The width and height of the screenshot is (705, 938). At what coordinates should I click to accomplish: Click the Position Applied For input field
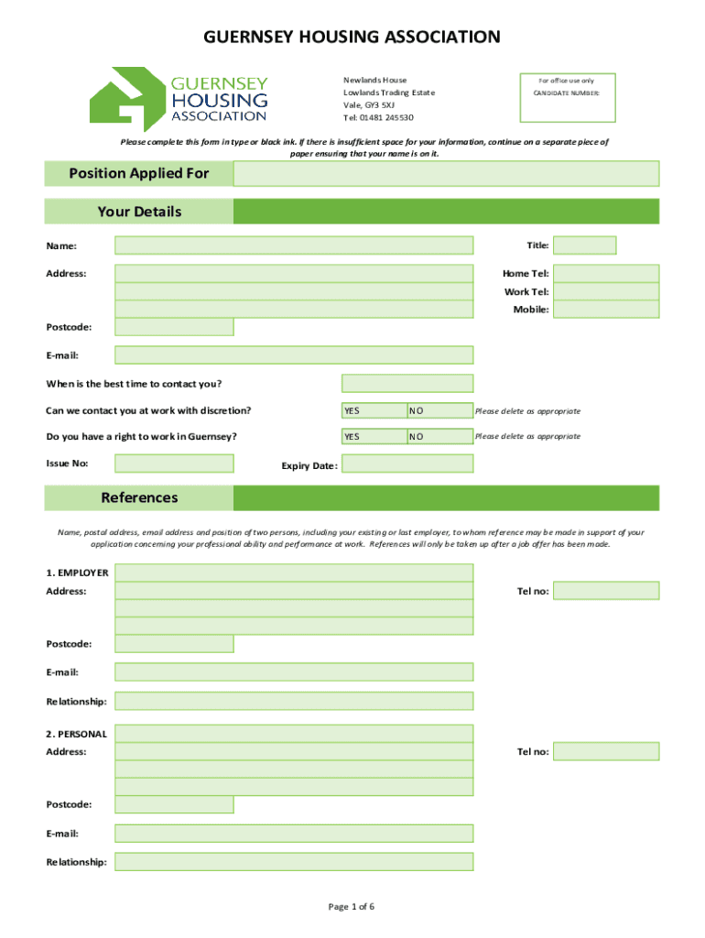point(446,173)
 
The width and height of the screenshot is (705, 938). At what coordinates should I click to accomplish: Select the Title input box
point(584,245)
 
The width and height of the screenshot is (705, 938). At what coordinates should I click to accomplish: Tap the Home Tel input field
point(606,273)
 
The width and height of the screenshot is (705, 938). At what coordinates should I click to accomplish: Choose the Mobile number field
point(606,310)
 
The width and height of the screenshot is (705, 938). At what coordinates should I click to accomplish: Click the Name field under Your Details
point(294,245)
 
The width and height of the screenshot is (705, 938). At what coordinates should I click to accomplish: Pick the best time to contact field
point(407,383)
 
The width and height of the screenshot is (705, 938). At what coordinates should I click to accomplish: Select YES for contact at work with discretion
point(374,410)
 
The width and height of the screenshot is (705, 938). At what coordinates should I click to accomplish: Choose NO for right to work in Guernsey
point(439,437)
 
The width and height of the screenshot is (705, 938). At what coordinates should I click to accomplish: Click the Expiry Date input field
point(407,464)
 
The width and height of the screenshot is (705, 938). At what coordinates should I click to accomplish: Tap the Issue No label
point(67,464)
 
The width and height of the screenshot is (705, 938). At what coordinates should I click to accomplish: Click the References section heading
point(139,498)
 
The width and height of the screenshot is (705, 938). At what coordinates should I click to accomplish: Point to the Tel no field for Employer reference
point(606,591)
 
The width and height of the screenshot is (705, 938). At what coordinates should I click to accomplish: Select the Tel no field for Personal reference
point(606,751)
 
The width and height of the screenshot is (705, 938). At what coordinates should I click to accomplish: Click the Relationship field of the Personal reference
point(294,862)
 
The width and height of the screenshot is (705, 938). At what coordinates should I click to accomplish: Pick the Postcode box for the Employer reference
point(174,644)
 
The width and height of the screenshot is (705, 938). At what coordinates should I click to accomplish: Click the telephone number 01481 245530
point(378,118)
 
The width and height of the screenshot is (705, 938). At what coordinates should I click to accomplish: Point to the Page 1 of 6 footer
point(352,907)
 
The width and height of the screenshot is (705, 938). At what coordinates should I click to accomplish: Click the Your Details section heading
point(139,212)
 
